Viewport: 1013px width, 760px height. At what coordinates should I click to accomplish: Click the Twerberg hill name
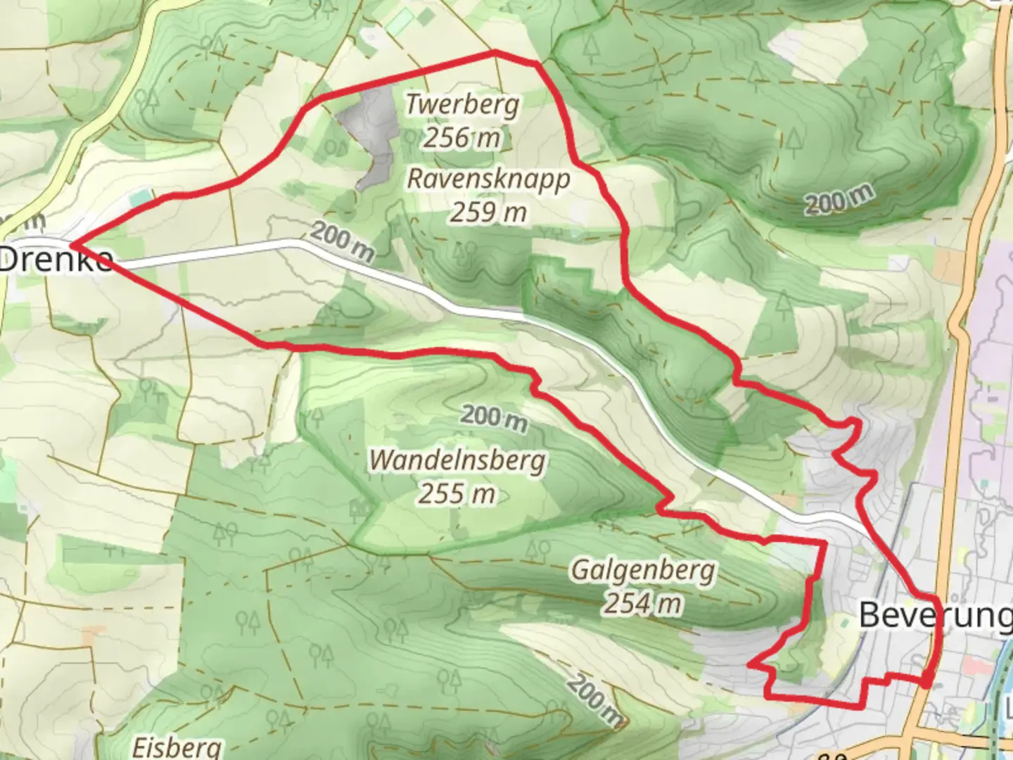click(463, 105)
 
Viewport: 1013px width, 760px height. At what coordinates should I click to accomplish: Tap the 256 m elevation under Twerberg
click(461, 137)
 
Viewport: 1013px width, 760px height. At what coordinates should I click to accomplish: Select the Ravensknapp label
click(488, 179)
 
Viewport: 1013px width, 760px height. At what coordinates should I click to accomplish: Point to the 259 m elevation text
click(488, 211)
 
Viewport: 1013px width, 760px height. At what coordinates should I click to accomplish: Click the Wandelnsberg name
click(457, 460)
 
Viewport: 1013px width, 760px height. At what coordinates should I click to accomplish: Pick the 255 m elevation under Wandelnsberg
click(457, 494)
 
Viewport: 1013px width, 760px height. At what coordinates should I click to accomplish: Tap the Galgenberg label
click(642, 569)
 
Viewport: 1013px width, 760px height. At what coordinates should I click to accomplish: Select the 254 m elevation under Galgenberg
click(642, 603)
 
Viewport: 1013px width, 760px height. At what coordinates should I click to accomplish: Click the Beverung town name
click(936, 615)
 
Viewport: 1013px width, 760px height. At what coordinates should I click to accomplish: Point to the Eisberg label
click(177, 746)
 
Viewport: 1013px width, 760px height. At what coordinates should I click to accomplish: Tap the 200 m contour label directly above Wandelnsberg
click(494, 417)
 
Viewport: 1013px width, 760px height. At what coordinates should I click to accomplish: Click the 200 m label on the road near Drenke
click(341, 241)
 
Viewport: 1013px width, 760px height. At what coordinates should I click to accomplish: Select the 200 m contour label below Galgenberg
click(595, 700)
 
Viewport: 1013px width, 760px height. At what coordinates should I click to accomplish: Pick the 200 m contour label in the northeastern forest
click(840, 199)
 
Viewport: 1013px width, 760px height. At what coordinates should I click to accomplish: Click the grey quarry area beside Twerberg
click(373, 134)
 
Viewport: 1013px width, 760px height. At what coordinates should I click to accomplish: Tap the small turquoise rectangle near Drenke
click(139, 199)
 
